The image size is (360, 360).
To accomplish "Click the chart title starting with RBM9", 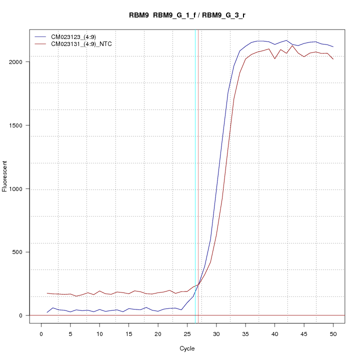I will point(187,15).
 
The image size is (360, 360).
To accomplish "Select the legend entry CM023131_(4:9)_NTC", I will point(81,44).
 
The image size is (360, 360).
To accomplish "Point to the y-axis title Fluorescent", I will point(5,176).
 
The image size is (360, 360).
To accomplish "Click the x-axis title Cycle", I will point(187,348).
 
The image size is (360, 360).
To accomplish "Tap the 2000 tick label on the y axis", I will point(17,62).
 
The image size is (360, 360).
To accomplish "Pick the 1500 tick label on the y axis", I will point(17,125).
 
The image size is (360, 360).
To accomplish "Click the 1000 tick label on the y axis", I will point(17,189).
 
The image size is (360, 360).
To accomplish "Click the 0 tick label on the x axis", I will point(41,334).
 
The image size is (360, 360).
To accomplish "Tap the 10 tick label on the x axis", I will point(99,334).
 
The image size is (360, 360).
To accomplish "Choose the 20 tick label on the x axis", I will point(158,334).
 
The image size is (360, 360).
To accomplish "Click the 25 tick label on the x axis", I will point(187,334).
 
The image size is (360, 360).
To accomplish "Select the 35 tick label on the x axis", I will point(245,334).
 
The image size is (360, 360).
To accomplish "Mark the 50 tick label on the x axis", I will point(333,334).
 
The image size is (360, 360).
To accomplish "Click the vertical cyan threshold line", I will point(195,175).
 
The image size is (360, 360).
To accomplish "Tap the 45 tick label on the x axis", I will point(304,334).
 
